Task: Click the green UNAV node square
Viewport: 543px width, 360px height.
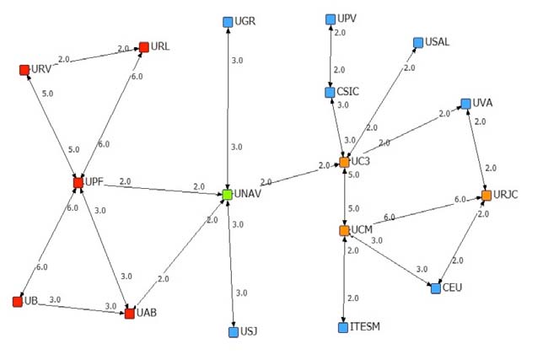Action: pos(227,195)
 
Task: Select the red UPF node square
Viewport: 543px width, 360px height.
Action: pos(78,181)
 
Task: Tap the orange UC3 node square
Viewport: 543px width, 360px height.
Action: pos(344,161)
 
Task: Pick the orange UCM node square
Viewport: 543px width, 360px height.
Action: pos(344,230)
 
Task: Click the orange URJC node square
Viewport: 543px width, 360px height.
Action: pos(486,196)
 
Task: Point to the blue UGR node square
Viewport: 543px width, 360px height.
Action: pos(227,22)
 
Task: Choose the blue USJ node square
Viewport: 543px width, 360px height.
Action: pos(234,332)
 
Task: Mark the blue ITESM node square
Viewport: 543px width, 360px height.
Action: pos(343,327)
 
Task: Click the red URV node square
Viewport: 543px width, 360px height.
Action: pos(24,69)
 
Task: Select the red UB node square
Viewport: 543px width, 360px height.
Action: pos(18,301)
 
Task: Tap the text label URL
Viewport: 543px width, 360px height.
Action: pos(160,46)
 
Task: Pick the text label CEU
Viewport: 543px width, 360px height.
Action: pos(453,287)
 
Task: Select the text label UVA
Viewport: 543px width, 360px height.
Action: pos(482,103)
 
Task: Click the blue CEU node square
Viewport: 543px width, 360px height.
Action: pos(435,288)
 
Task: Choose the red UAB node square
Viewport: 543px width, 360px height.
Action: pos(130,314)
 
